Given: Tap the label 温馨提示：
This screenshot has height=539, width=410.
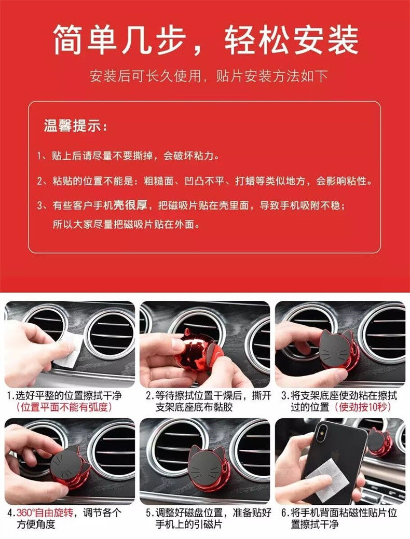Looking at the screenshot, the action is pyautogui.click(x=76, y=126).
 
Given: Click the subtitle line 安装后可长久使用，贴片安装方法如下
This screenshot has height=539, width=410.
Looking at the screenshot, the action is pyautogui.click(x=209, y=76).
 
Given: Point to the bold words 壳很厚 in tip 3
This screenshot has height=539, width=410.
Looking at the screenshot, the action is pyautogui.click(x=130, y=205).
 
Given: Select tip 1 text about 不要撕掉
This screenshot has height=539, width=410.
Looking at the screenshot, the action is pyautogui.click(x=128, y=156).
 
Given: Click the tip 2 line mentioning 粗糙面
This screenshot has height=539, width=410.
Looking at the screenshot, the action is pyautogui.click(x=205, y=181).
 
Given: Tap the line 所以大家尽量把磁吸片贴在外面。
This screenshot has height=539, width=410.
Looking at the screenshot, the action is pyautogui.click(x=127, y=225).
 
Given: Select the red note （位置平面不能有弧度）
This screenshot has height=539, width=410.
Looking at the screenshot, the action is pyautogui.click(x=64, y=407).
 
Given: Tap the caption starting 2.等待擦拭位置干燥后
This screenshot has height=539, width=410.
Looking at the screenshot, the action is pyautogui.click(x=209, y=402).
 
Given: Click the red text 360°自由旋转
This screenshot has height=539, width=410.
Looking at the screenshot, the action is pyautogui.click(x=45, y=513).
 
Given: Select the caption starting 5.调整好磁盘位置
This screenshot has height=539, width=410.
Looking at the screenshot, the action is pyautogui.click(x=209, y=518).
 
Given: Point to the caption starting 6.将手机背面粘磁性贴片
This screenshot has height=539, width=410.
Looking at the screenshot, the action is pyautogui.click(x=339, y=518).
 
